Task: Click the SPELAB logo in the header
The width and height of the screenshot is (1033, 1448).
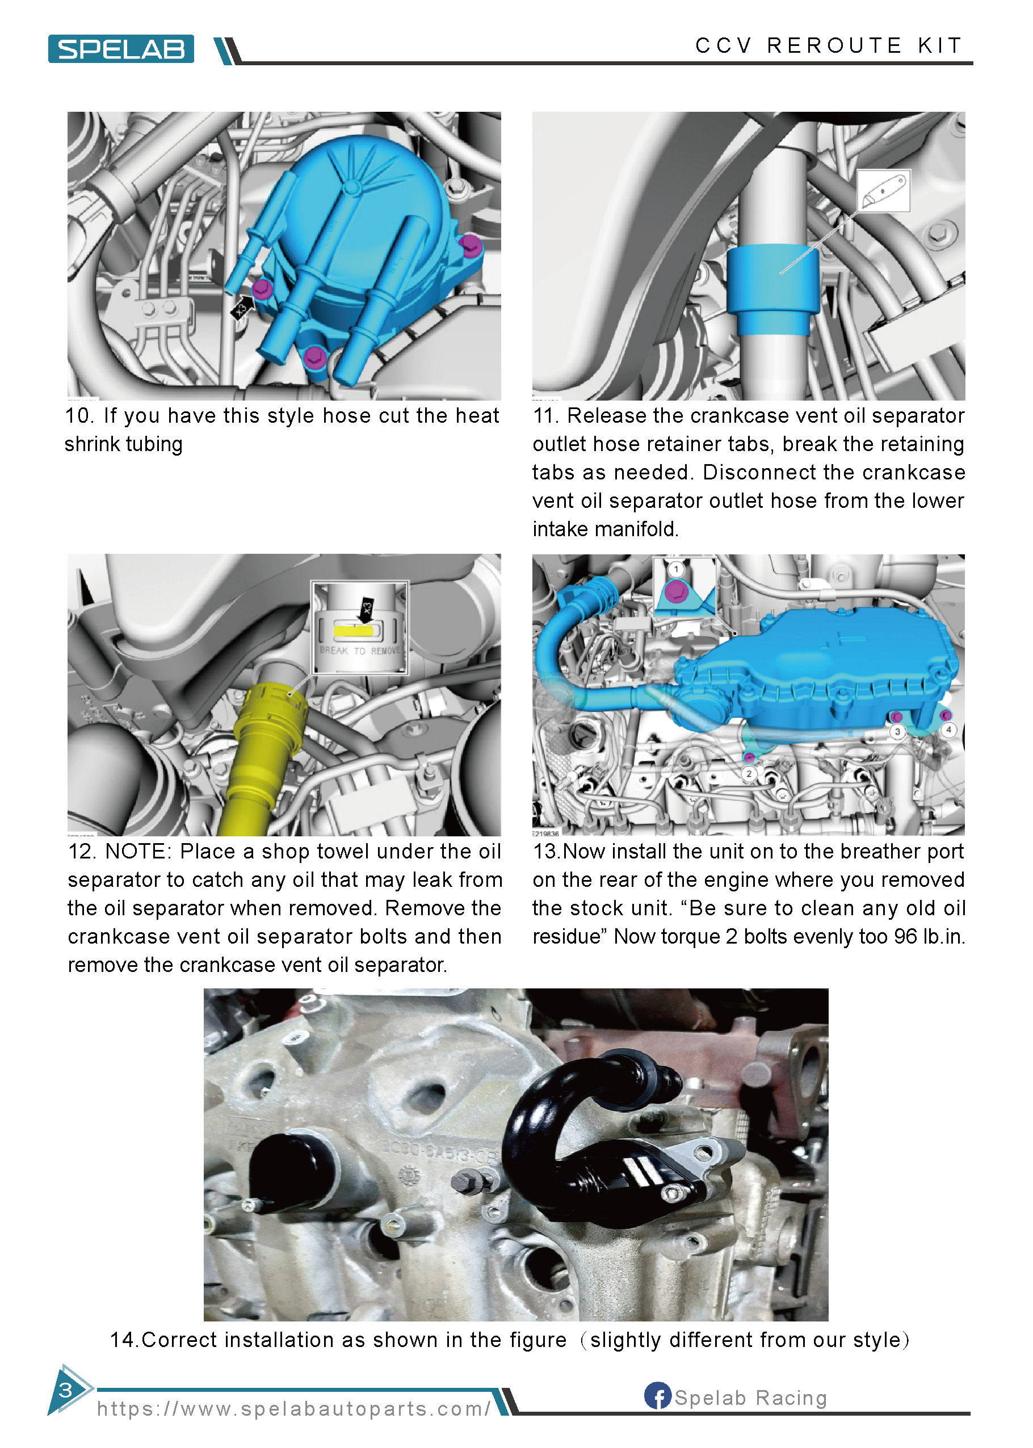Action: coord(121,49)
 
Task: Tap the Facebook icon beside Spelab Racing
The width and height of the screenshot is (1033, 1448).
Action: coord(657,1395)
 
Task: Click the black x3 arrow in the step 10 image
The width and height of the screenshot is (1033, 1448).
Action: coord(242,307)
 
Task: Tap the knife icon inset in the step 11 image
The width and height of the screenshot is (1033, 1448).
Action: coord(883,191)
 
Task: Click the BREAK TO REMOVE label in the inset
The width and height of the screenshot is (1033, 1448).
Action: coord(359,651)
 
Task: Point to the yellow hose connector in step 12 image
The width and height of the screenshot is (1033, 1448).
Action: coord(267,725)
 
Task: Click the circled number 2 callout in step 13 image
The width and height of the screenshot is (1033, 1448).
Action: coord(749,773)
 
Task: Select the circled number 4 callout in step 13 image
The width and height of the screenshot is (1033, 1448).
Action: coord(948,730)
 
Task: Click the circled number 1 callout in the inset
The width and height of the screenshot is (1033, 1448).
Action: coord(675,568)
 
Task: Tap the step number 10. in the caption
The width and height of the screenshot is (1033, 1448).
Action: coord(79,416)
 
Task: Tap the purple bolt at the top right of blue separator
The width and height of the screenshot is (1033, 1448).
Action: coord(470,244)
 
